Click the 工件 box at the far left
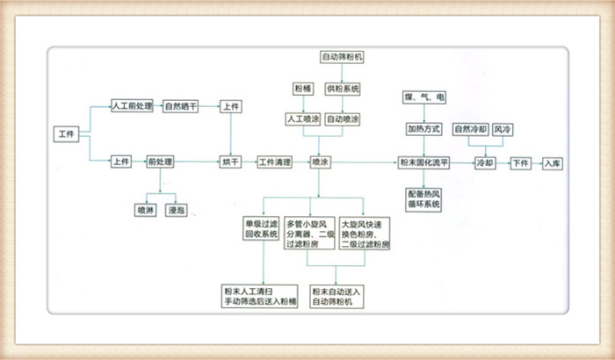(x=66, y=133)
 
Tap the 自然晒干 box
(x=181, y=106)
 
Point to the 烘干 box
(x=229, y=162)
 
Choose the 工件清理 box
(x=274, y=162)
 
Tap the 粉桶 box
(x=301, y=89)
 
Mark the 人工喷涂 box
(x=301, y=119)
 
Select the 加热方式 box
(x=424, y=129)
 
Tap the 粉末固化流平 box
(x=424, y=163)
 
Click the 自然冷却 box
(x=468, y=129)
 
